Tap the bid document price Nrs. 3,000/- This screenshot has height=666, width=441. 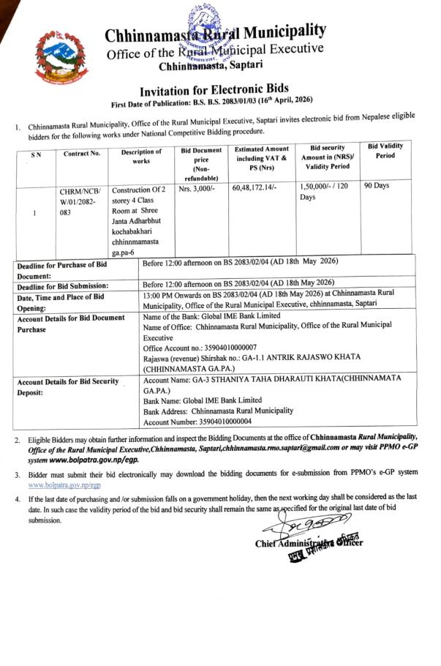tap(197, 189)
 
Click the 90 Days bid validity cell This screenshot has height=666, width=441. tap(377, 186)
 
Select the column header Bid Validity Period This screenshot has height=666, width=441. tap(385, 151)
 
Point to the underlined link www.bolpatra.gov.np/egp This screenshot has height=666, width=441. tap(64, 485)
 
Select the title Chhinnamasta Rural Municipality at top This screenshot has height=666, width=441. tap(214, 33)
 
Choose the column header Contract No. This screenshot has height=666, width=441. tap(82, 154)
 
